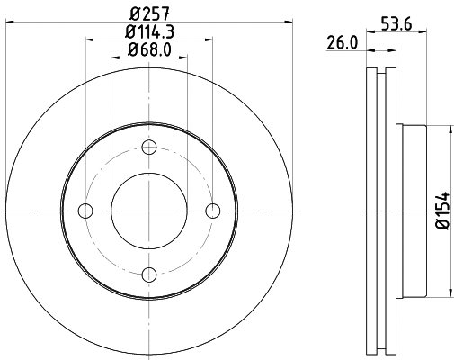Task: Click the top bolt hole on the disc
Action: pos(149,148)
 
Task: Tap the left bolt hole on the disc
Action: pos(86,211)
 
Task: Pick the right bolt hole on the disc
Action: pos(213,211)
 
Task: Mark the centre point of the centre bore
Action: pos(149,211)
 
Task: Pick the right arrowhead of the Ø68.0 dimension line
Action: pos(184,57)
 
